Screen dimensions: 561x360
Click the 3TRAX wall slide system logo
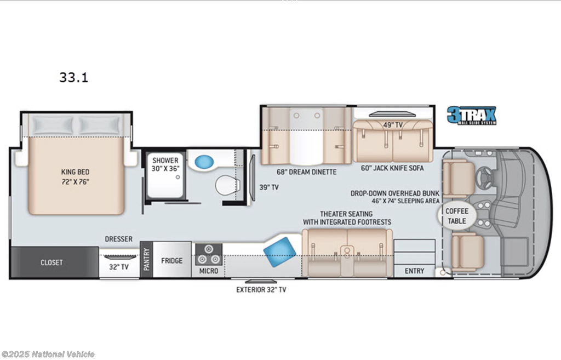pos(472,115)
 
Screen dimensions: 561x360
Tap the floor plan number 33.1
pos(74,77)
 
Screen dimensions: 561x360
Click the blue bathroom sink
pos(204,162)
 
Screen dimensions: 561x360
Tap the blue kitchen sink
pos(280,252)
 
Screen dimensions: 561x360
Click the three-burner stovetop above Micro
pos(209,254)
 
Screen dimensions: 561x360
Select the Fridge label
pos(171,261)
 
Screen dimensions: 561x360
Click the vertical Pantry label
pos(146,259)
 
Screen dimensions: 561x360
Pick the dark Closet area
pos(54,262)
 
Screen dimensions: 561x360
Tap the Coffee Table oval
pos(457,216)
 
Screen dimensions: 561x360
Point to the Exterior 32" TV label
pos(261,289)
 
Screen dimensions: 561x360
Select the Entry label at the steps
pos(414,271)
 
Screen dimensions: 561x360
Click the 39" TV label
pos(269,187)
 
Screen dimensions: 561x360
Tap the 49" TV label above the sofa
pos(393,125)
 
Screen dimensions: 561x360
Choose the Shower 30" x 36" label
pos(165,164)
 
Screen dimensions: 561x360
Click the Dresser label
pos(118,239)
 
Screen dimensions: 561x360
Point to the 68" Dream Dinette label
pos(307,172)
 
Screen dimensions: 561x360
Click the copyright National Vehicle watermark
pos(48,354)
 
